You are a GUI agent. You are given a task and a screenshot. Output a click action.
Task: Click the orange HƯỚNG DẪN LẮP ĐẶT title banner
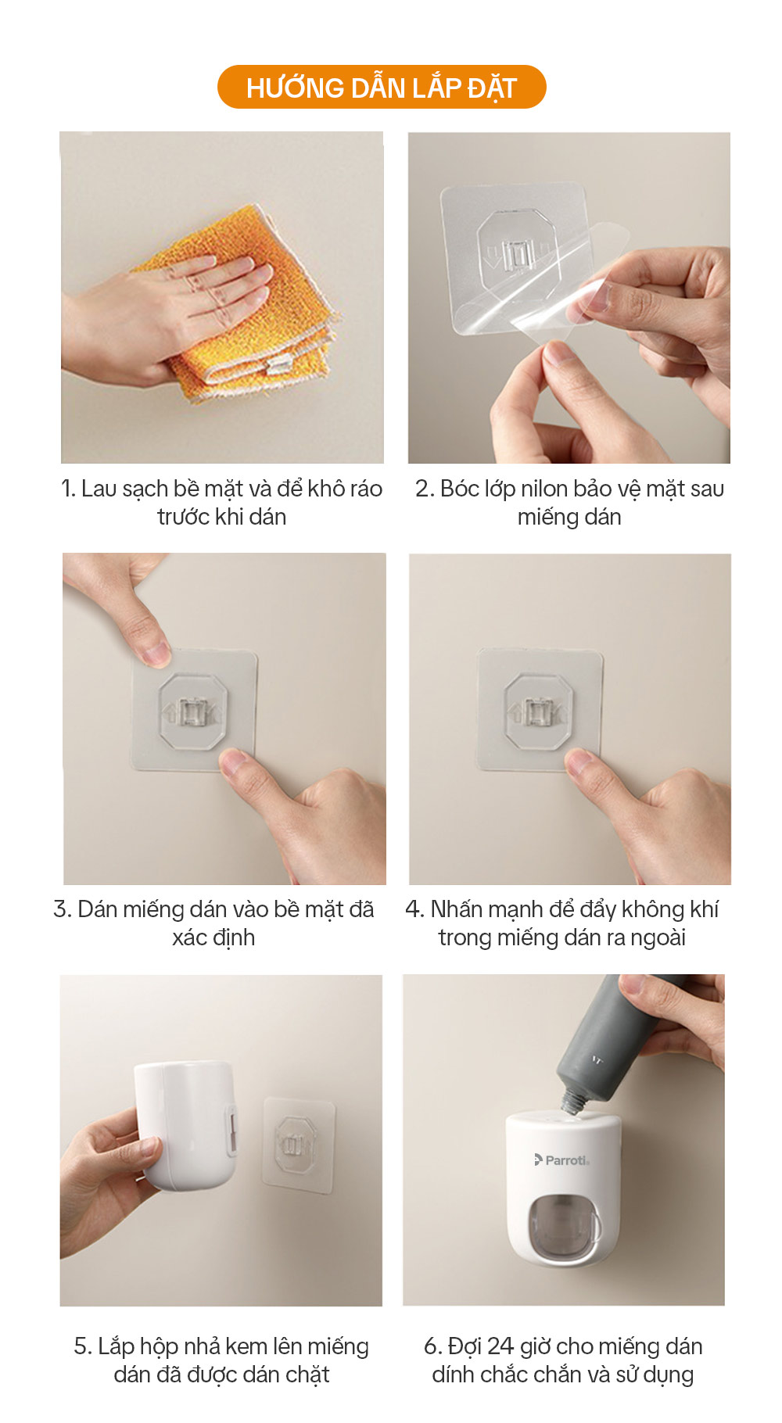tap(382, 87)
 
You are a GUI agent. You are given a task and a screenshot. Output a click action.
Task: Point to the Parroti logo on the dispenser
tap(561, 1160)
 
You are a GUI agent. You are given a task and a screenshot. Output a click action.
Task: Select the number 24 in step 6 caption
tap(500, 1346)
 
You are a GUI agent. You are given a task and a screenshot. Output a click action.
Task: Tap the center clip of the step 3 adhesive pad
tap(192, 712)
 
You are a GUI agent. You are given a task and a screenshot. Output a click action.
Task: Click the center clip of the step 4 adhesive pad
tap(537, 711)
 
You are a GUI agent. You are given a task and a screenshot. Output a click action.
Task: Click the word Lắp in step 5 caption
tap(117, 1346)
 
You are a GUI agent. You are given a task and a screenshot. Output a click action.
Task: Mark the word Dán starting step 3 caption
tap(98, 909)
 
